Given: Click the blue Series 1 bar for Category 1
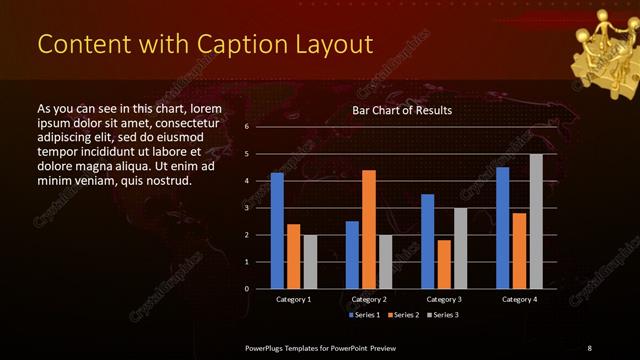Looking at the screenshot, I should pyautogui.click(x=277, y=231).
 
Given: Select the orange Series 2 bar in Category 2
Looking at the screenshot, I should pyautogui.click(x=368, y=229).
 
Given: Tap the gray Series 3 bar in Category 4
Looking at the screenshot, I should pyautogui.click(x=536, y=221).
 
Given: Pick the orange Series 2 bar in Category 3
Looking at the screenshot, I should pyautogui.click(x=443, y=264).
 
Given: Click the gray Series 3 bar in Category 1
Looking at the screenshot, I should pyautogui.click(x=310, y=262).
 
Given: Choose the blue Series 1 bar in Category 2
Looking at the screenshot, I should pyautogui.click(x=352, y=255).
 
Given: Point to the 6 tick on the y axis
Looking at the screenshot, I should pyautogui.click(x=246, y=127).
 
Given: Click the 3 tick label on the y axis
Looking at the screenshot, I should pyautogui.click(x=246, y=208).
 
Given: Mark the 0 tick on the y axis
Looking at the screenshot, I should pyautogui.click(x=246, y=289).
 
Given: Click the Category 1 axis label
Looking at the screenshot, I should pyautogui.click(x=293, y=299).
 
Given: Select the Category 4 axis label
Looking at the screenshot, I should pyautogui.click(x=518, y=299).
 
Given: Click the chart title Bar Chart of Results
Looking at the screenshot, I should pyautogui.click(x=402, y=109).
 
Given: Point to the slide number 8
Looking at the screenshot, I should pyautogui.click(x=590, y=347).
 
